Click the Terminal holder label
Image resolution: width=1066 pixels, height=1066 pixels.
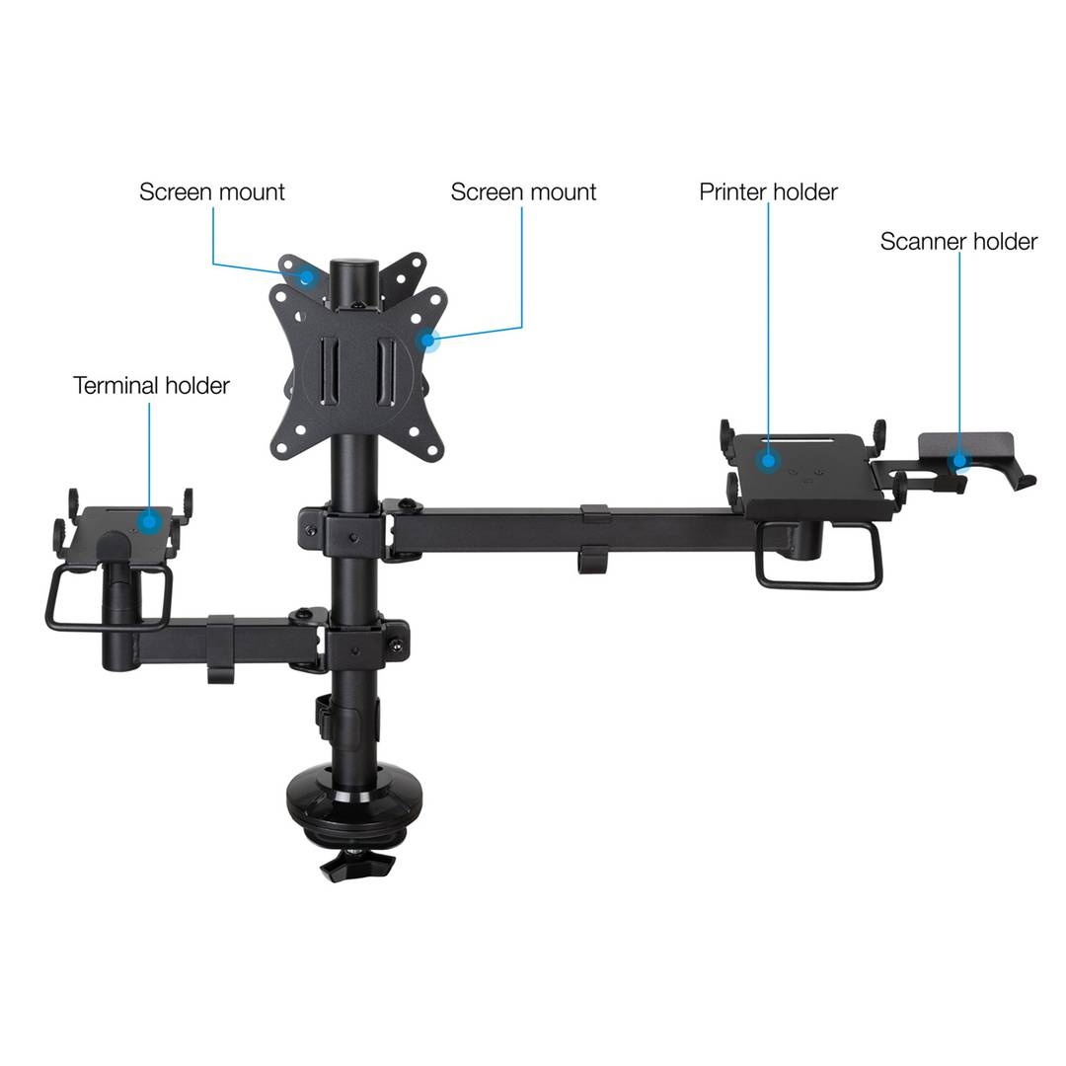[x=151, y=386]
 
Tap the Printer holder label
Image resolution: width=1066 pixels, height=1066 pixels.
[x=768, y=191]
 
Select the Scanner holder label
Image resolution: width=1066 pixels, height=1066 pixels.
[x=958, y=242]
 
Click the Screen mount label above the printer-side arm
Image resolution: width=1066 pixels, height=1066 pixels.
[x=523, y=191]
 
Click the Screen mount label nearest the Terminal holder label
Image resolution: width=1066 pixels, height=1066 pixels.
[x=212, y=191]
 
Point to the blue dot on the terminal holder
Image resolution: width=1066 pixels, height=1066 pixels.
[x=150, y=522]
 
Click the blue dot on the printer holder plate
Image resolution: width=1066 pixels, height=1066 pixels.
[x=768, y=460]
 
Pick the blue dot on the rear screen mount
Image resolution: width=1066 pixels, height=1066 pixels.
[x=307, y=276]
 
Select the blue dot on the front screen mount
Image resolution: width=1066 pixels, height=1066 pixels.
[x=427, y=340]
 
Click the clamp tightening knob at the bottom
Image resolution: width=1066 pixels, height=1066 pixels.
[x=357, y=866]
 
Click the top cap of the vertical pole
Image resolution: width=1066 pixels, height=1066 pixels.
[x=354, y=266]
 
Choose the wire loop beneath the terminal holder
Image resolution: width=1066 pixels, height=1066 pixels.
[x=109, y=598]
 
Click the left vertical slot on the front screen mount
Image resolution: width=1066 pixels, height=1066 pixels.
[x=328, y=372]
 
